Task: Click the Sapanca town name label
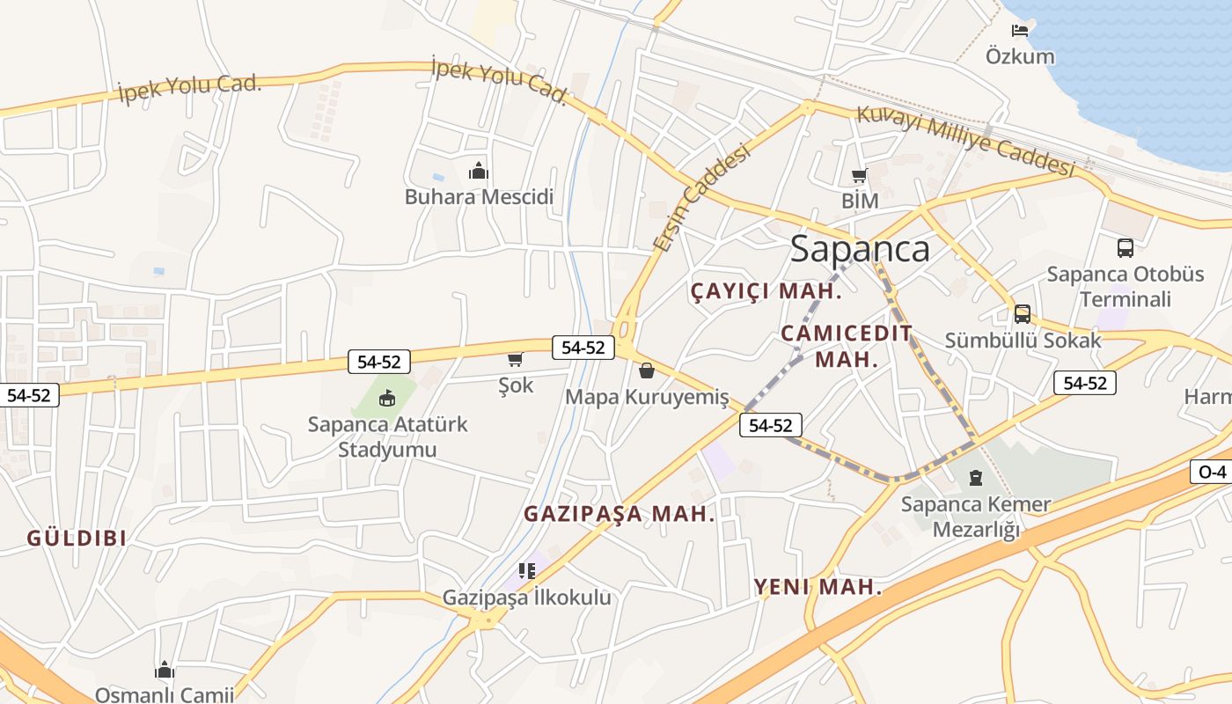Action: coord(860,249)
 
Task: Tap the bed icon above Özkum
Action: coord(1020,31)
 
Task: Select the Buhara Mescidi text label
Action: coord(479,196)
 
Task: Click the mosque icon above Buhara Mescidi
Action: coord(479,171)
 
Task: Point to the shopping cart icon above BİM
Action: coord(859,176)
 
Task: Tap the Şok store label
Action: coord(516,385)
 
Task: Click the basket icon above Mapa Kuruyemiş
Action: coord(647,370)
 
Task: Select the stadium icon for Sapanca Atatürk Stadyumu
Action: coord(386,400)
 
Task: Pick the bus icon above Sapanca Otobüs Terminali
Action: coord(1125,248)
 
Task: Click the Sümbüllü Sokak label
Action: coord(1023,340)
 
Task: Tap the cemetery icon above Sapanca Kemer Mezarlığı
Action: coord(975,478)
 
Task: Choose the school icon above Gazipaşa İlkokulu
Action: coord(527,571)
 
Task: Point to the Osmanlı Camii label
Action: coord(165,694)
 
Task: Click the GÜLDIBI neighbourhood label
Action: coord(77,538)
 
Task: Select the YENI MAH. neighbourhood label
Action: coord(818,587)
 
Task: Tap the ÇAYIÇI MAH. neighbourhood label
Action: coord(766,291)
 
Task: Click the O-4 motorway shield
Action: coord(1212,472)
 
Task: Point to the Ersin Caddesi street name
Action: coord(701,199)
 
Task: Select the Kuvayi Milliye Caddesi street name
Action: coord(966,141)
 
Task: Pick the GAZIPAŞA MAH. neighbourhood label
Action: coord(620,514)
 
